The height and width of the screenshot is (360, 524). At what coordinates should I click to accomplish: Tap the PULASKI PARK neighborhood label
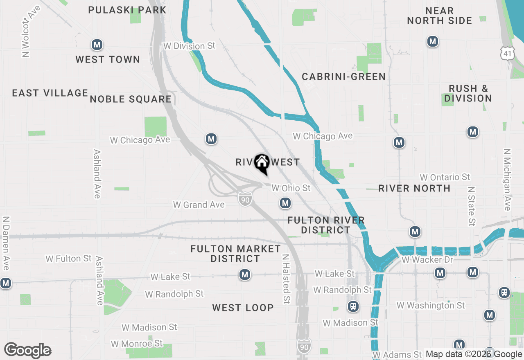(x=127, y=10)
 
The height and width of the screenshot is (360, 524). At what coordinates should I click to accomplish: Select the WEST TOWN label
(x=108, y=60)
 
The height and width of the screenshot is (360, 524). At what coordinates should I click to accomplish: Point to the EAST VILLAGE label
(x=50, y=93)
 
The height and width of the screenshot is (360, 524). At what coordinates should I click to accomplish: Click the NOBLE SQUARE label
(x=131, y=99)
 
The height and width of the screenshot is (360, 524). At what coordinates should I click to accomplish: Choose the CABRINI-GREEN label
(x=343, y=77)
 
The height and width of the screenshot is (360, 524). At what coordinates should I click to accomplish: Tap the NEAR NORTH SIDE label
(x=439, y=16)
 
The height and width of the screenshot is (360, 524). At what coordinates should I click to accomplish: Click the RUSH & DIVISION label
(x=468, y=93)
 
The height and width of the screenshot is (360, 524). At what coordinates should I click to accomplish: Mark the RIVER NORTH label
(x=414, y=188)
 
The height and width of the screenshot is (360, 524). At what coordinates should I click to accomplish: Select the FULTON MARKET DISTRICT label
(x=235, y=254)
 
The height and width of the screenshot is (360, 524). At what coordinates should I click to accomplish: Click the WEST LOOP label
(x=243, y=308)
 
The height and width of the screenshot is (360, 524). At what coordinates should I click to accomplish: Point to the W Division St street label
(x=189, y=46)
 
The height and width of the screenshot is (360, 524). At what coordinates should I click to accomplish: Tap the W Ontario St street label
(x=445, y=177)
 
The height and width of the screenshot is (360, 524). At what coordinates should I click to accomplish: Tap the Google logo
(x=27, y=350)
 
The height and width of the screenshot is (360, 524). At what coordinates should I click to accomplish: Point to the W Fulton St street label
(x=68, y=259)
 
